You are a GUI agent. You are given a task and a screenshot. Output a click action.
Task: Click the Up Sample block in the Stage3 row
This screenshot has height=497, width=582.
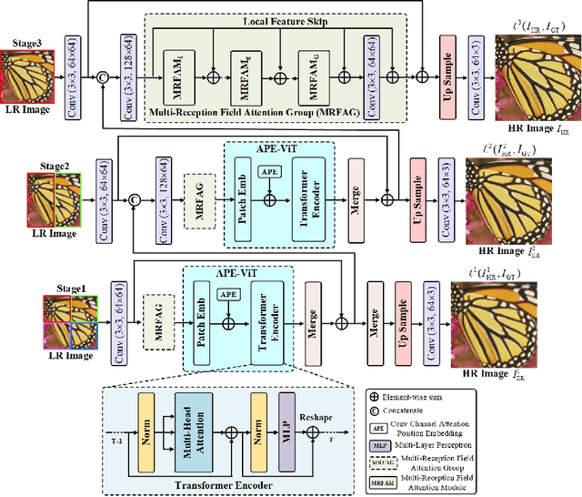(447, 69)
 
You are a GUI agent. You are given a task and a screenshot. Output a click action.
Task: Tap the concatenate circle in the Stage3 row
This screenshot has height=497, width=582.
(102, 79)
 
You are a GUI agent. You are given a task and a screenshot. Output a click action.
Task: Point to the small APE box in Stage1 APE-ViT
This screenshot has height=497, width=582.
(227, 294)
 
